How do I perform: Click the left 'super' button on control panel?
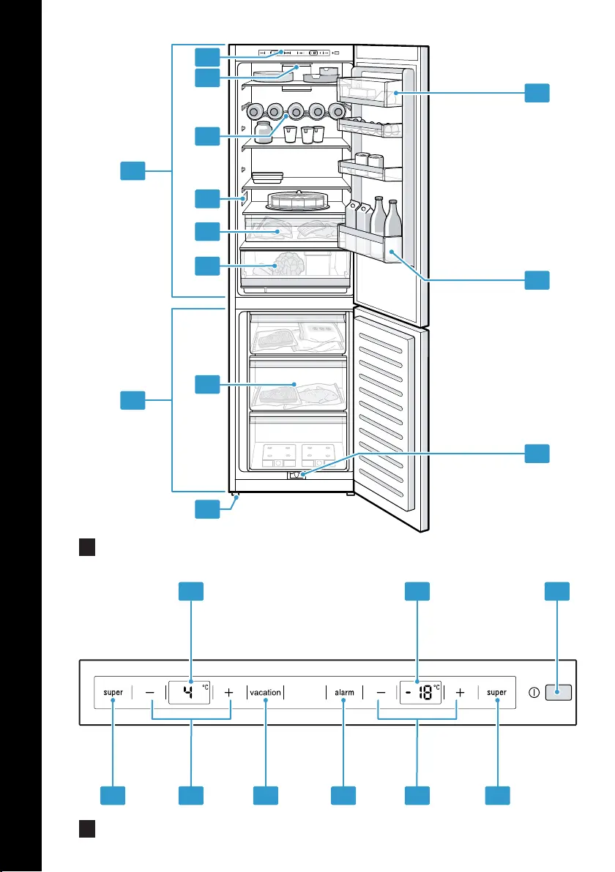(113, 692)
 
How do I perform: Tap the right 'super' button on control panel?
(496, 692)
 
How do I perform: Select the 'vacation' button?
(266, 692)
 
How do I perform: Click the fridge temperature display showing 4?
(189, 692)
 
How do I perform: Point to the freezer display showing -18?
(421, 692)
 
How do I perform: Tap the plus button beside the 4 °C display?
(228, 692)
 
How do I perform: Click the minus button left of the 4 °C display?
(149, 692)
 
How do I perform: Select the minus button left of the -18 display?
(381, 692)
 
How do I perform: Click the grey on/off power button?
(558, 692)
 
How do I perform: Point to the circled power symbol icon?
(534, 693)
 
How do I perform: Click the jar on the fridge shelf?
(263, 132)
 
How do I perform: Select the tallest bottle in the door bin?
(393, 218)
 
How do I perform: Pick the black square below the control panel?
(87, 829)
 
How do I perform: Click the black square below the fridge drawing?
(87, 547)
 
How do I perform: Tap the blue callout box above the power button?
(557, 591)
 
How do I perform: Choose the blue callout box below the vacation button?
(266, 795)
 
